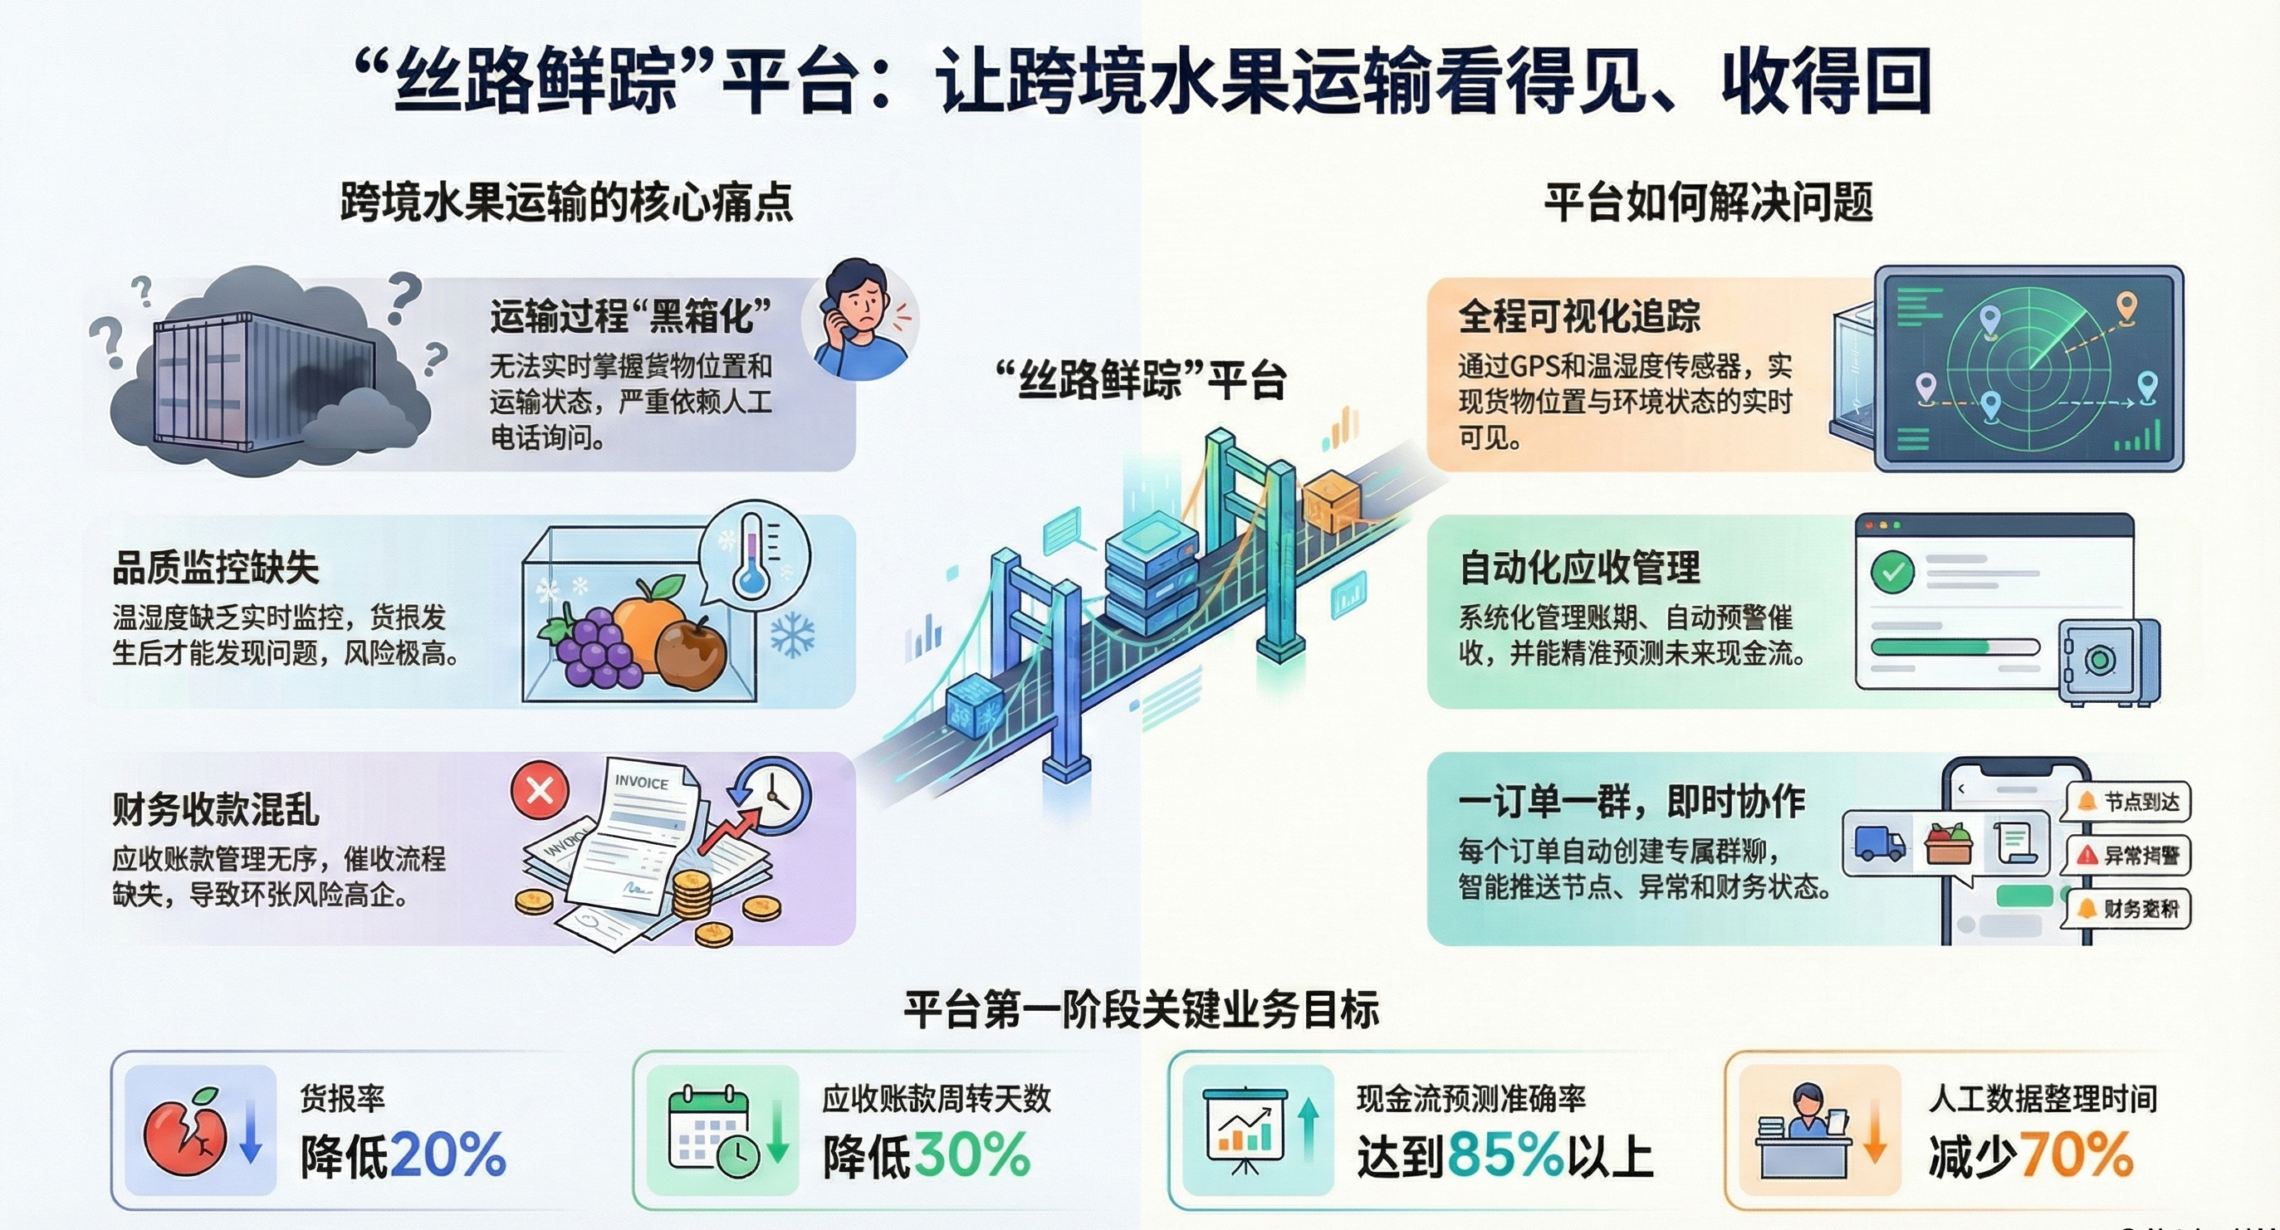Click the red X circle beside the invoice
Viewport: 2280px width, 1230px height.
tap(540, 789)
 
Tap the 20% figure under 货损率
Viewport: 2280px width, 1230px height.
tap(448, 1154)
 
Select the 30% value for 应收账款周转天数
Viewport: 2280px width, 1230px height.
tap(971, 1154)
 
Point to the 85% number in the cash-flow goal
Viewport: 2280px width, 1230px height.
tap(1505, 1154)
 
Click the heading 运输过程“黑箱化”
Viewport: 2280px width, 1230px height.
tap(630, 316)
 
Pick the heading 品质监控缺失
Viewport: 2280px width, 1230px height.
tap(215, 568)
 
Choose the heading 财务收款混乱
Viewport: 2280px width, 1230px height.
tap(215, 808)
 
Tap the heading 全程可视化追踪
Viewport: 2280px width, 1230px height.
tap(1579, 316)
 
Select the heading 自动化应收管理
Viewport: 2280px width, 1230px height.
tap(1579, 568)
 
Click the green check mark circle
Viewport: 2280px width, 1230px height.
tap(1892, 573)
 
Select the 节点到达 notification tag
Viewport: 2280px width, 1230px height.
tap(2128, 802)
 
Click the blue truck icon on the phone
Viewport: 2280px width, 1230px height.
tap(1878, 842)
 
